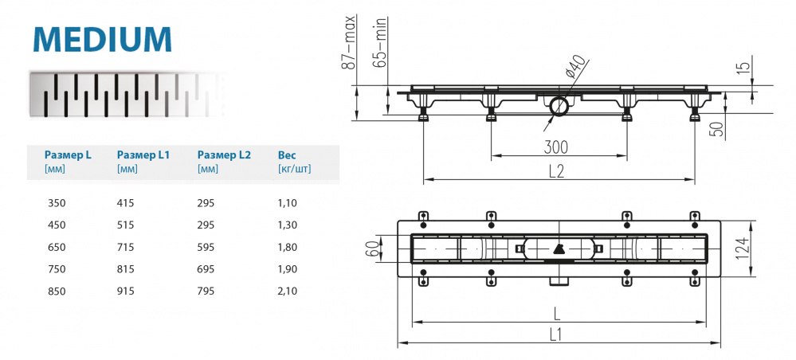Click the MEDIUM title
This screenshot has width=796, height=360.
(x=102, y=37)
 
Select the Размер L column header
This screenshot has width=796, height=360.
(x=68, y=155)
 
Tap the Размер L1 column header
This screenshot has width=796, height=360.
(x=143, y=155)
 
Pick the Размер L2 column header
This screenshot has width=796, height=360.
(x=224, y=155)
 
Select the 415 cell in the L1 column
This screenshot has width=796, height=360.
(x=126, y=203)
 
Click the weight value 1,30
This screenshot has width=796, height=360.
(x=287, y=225)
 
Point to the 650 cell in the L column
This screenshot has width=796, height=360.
(x=57, y=247)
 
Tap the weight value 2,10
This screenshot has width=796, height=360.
(x=287, y=291)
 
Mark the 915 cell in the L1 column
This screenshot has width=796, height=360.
(x=126, y=291)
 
